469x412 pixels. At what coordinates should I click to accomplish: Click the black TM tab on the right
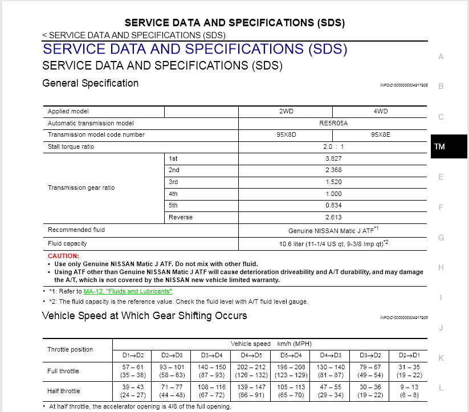[x=439, y=146]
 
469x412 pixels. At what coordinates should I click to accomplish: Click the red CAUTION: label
[x=63, y=256]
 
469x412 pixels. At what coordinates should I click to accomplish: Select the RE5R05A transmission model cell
[x=333, y=123]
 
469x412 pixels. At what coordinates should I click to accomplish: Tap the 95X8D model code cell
[x=286, y=135]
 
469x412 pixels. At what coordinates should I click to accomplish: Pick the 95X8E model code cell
[x=380, y=135]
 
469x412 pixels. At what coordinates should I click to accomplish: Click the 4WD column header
[x=380, y=111]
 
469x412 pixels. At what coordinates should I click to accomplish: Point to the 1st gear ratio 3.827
[x=333, y=158]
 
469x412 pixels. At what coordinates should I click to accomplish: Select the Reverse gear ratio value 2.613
[x=333, y=218]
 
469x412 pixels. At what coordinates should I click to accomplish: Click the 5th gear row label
[x=173, y=206]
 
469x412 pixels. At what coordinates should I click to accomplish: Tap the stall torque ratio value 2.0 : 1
[x=333, y=147]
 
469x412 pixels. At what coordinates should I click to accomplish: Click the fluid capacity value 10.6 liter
[x=333, y=243]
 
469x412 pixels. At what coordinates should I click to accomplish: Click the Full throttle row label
[x=63, y=371]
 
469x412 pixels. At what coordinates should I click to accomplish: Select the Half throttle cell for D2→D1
[x=409, y=391]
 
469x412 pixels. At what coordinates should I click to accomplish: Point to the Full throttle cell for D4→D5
[x=251, y=371]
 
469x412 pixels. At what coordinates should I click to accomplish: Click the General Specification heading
[x=90, y=83]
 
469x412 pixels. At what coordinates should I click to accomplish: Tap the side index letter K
[x=441, y=358]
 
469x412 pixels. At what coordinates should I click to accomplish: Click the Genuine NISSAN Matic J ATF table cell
[x=333, y=230]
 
